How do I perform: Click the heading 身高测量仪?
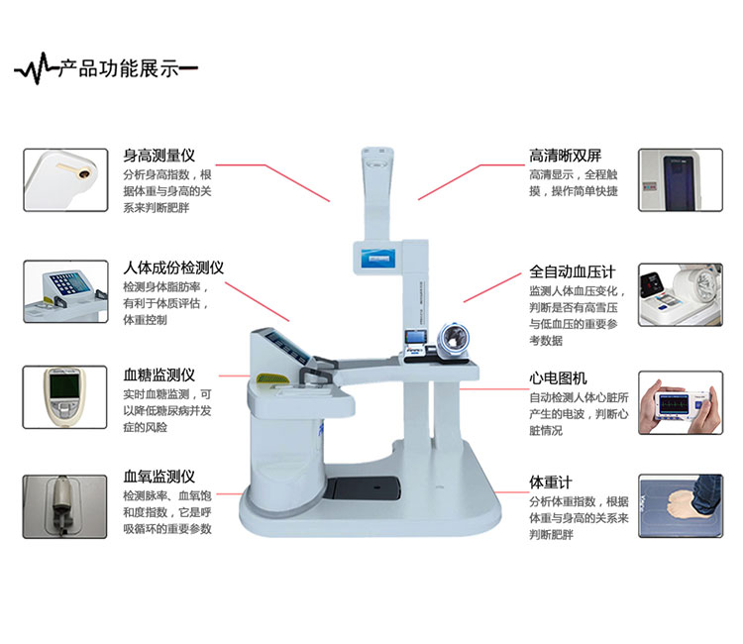coord(159,156)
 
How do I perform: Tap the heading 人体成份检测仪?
coord(173,268)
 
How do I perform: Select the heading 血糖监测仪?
coord(159,376)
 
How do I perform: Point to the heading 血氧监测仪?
coord(159,477)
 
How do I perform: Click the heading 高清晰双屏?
coord(566,156)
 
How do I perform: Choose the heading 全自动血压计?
coord(573,272)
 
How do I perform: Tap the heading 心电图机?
coord(558,378)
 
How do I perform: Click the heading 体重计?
coord(551,483)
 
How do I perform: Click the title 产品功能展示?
coord(119,69)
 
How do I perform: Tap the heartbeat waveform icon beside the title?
coord(36,69)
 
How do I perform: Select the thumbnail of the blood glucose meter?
coord(65,397)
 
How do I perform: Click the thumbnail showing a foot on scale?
coord(681,505)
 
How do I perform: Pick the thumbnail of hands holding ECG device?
coord(681,403)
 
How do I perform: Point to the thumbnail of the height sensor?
coord(65,180)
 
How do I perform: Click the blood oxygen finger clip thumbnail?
coord(65,507)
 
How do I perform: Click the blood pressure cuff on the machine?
coord(453,340)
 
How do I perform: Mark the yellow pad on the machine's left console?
coord(272,379)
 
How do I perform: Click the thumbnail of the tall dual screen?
coord(681,180)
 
